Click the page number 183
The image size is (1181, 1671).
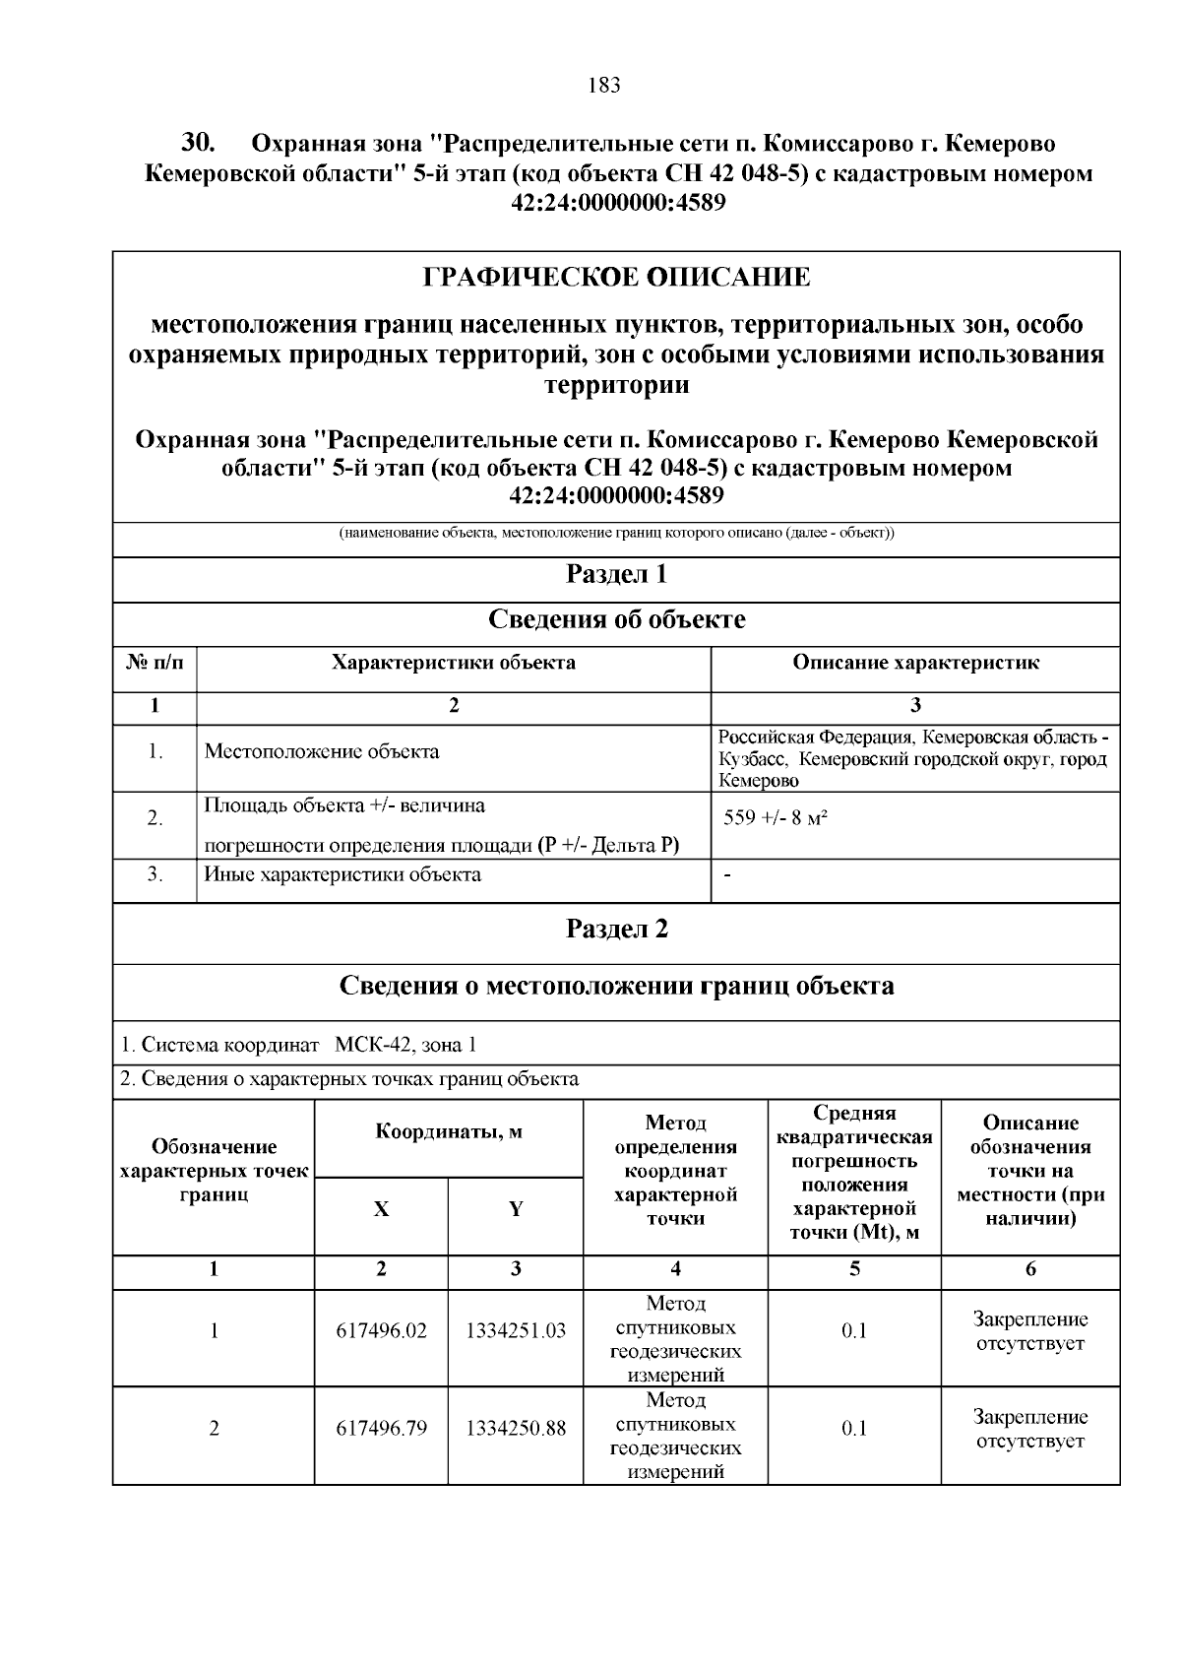[x=603, y=86]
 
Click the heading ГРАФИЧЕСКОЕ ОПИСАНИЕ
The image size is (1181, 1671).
[x=616, y=278]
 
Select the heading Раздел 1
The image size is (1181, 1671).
[x=616, y=574]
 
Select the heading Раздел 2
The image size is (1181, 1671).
[x=616, y=929]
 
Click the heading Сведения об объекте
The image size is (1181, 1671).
[x=616, y=619]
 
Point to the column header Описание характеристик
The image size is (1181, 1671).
[x=915, y=663]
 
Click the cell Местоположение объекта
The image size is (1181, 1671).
[x=322, y=752]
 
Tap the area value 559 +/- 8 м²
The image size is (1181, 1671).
[x=775, y=817]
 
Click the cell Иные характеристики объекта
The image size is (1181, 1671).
[x=342, y=874]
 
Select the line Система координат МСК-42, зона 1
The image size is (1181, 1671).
[x=298, y=1045]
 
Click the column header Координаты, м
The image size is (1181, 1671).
[x=449, y=1131]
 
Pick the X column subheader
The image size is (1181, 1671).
[x=381, y=1210]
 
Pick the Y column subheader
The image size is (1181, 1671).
[x=516, y=1210]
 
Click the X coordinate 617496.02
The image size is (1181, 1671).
[x=382, y=1331]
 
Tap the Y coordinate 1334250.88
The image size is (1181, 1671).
[x=516, y=1429]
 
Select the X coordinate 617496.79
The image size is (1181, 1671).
[x=382, y=1429]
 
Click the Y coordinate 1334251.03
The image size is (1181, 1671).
[x=516, y=1331]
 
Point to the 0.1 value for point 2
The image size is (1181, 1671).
[x=854, y=1429]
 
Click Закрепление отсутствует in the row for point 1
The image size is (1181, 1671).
[x=1030, y=1331]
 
